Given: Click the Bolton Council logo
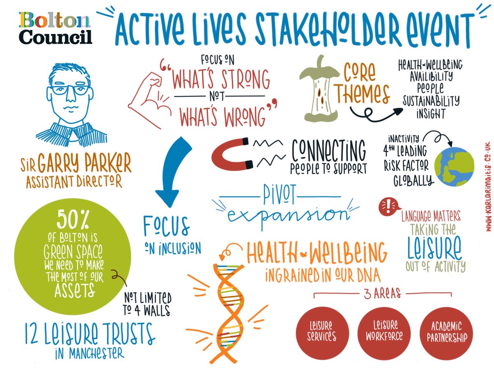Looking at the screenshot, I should point(55,28).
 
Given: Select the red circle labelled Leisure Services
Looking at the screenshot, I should point(322,332).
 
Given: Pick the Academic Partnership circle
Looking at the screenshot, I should point(446,332).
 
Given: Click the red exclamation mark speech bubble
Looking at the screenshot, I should point(388,206).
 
